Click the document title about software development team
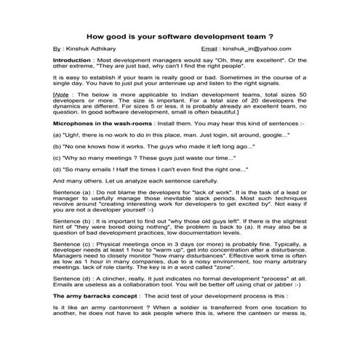[180, 34]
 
